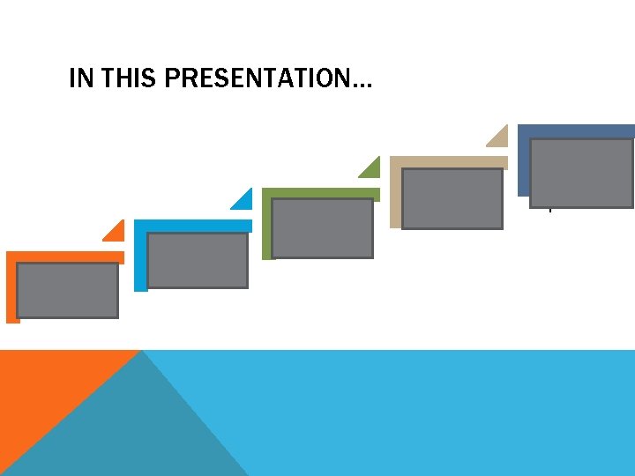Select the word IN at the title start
point(81,80)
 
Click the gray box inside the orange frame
point(68,290)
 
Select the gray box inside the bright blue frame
point(198,260)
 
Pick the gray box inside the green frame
point(322,227)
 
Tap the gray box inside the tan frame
point(452,198)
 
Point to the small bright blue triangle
point(244,202)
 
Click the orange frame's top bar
point(65,257)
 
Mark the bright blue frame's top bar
point(192,226)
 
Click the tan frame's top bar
point(449,162)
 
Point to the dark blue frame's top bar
point(576,130)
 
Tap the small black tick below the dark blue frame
point(549,209)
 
